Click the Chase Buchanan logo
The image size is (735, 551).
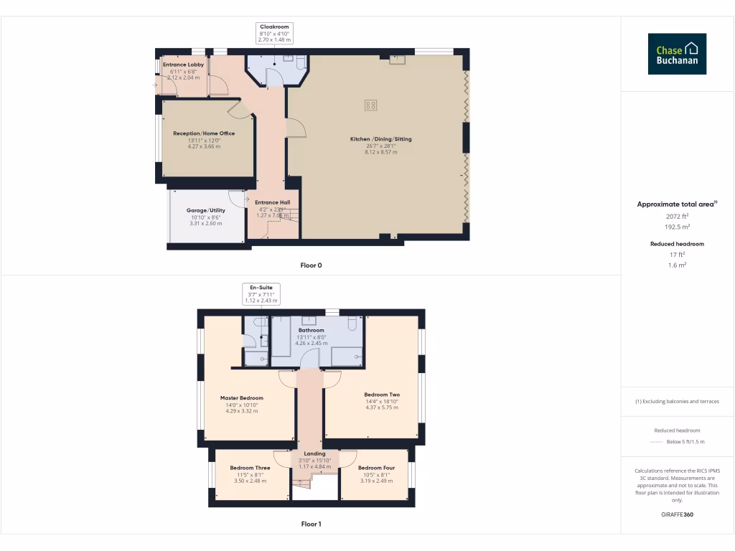point(677,54)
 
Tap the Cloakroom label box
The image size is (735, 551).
point(275,33)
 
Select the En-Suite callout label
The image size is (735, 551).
point(261,294)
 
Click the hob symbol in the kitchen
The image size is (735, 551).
point(371,105)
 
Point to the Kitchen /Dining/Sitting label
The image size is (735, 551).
point(380,139)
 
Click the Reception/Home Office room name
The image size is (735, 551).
point(204,133)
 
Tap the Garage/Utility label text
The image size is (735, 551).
point(206,210)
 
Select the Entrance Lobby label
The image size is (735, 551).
point(183,65)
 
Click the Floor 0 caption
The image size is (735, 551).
point(311,265)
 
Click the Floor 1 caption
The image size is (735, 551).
point(311,524)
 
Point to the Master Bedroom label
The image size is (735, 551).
point(241,398)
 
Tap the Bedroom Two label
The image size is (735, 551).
point(382,395)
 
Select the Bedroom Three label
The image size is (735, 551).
point(250,468)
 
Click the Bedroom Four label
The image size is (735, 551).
point(376,468)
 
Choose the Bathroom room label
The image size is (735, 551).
point(312,330)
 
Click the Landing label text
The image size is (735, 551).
point(314,453)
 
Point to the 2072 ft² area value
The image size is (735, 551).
point(678,216)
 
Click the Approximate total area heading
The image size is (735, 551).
point(677,204)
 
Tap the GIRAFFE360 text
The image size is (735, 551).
point(677,514)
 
